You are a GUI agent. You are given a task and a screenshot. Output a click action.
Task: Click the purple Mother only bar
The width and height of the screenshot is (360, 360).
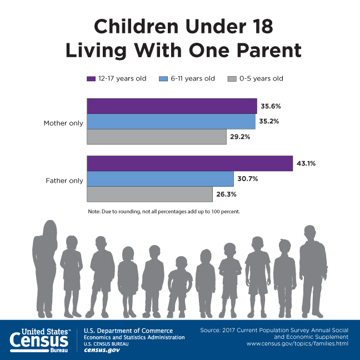coord(172,106)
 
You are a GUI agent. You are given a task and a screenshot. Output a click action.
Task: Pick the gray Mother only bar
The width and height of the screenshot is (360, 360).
coord(157,137)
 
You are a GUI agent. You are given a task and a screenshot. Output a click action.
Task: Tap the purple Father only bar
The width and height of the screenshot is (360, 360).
coord(189,164)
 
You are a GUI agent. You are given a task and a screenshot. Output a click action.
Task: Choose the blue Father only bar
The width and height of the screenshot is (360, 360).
coord(160,179)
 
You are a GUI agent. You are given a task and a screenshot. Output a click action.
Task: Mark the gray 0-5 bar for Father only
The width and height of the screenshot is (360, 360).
coord(149,194)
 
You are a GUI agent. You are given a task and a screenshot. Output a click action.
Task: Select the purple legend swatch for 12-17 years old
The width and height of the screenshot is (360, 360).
coord(91,78)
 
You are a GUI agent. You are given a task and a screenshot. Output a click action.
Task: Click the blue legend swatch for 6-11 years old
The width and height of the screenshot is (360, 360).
coord(163,78)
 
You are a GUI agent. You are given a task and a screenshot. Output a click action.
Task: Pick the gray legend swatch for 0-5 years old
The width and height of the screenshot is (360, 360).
coord(232,78)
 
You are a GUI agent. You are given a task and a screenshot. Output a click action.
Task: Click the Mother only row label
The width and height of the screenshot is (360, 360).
coord(63,123)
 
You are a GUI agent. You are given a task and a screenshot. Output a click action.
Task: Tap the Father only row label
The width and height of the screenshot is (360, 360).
coord(64,181)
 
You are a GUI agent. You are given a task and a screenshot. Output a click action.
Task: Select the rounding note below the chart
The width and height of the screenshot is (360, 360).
coord(163,212)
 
